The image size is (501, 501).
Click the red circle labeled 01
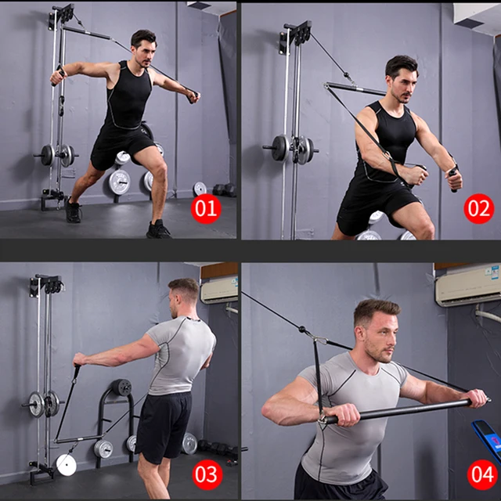pyautogui.click(x=207, y=209)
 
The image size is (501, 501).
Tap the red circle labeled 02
pyautogui.click(x=478, y=209)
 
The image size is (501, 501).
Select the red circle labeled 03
pyautogui.click(x=207, y=475)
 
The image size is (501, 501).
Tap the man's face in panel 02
pyautogui.click(x=401, y=81)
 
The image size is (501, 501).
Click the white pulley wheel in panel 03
pyautogui.click(x=67, y=465)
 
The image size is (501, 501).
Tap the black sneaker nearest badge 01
pyautogui.click(x=158, y=229)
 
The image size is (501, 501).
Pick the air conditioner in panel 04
pyautogui.click(x=467, y=285)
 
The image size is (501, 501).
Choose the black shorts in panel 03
pyautogui.click(x=164, y=423)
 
